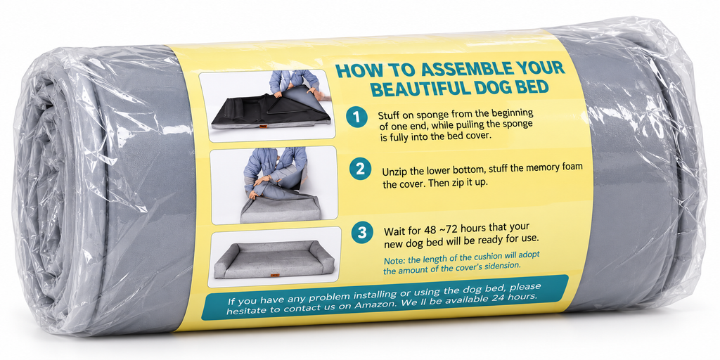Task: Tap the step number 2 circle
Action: [359, 169]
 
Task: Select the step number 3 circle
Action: [362, 233]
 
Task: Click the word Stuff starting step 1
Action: [388, 115]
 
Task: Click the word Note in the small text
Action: [392, 260]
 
